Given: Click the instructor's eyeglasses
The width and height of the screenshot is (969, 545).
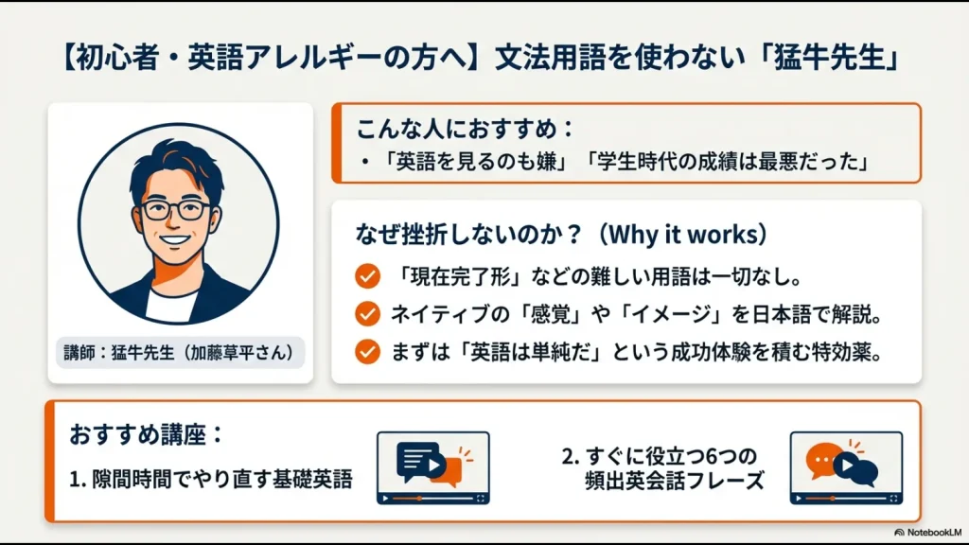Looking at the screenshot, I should pos(176,210).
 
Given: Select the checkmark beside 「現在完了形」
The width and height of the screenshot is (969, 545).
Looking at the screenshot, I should pos(366,278).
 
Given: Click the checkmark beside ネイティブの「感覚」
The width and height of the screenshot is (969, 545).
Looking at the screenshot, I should pos(366,314).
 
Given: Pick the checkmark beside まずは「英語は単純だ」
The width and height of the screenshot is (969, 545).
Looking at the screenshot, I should pos(366,351).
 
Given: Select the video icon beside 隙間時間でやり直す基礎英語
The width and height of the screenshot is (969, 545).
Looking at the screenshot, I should pos(432,467).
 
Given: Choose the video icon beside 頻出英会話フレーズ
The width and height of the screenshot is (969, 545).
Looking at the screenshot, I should pos(845,467).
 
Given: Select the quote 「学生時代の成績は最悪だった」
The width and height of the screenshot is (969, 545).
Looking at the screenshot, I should pos(727,162).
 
